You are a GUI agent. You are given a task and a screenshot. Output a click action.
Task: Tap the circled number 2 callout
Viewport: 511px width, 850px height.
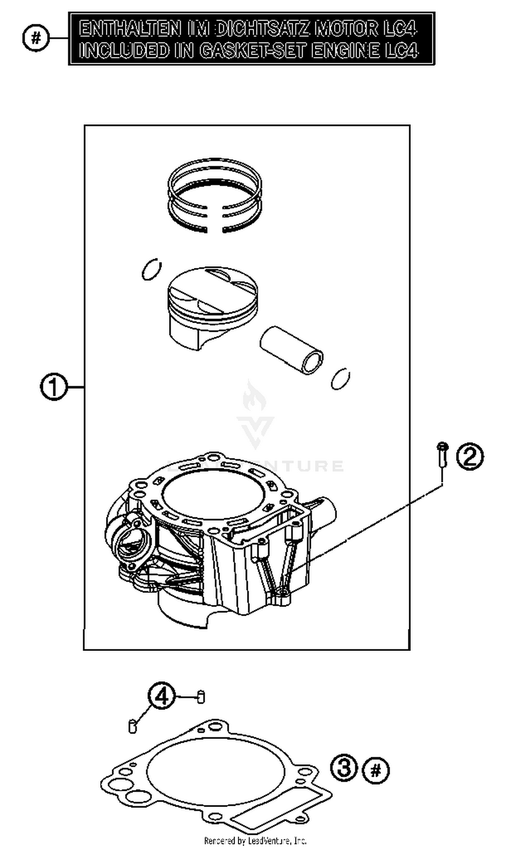(x=470, y=457)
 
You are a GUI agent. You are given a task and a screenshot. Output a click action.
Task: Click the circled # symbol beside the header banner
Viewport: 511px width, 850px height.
(x=36, y=38)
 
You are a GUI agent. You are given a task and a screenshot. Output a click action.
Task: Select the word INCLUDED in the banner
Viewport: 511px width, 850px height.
(x=124, y=50)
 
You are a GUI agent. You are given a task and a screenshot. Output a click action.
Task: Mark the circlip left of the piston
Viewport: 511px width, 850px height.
(x=151, y=270)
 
